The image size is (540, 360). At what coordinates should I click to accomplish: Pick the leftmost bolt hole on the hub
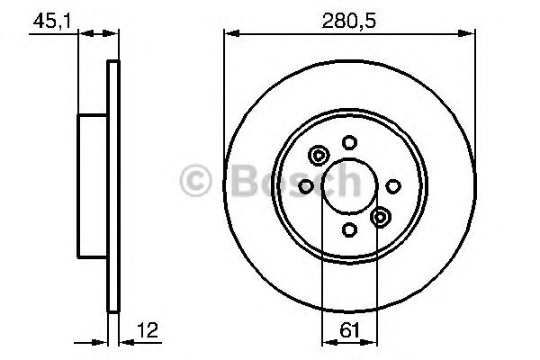pyautogui.click(x=304, y=185)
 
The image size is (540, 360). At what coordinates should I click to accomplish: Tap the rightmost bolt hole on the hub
pyautogui.click(x=393, y=185)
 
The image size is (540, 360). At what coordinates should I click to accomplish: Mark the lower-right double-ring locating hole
pyautogui.click(x=381, y=216)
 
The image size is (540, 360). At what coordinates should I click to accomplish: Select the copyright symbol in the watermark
pyautogui.click(x=197, y=180)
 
